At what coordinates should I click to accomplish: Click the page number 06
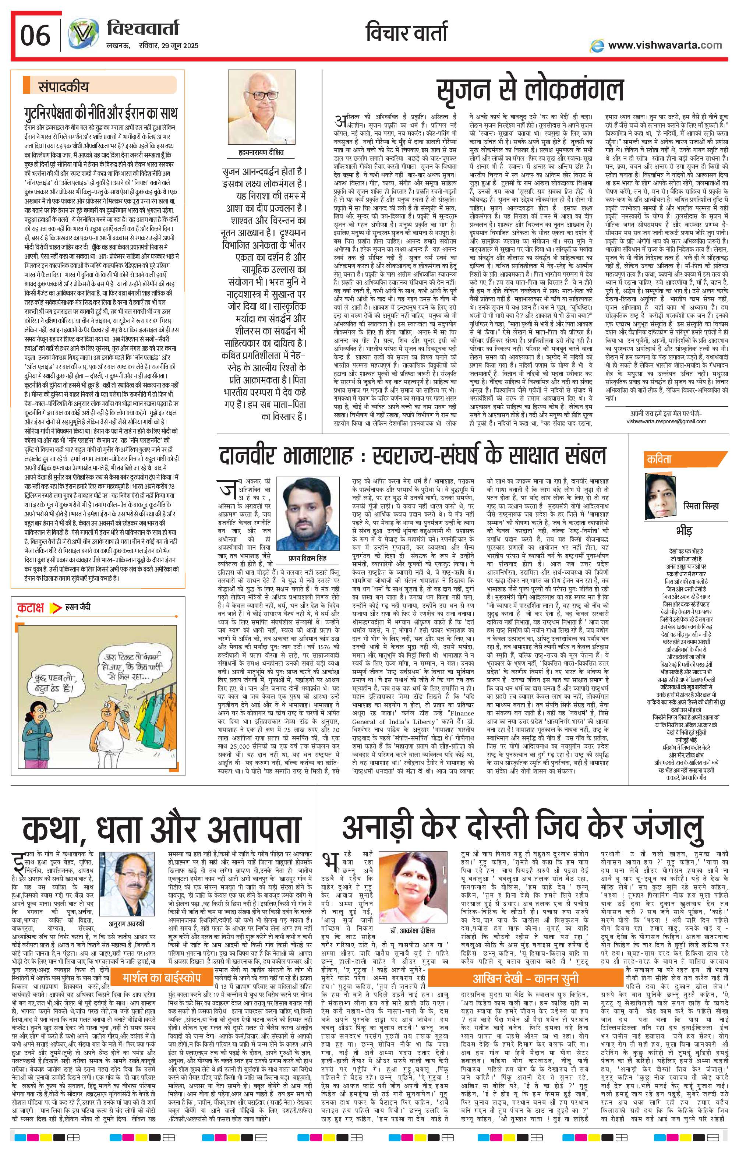(35, 35)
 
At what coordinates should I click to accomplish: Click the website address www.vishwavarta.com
(665, 45)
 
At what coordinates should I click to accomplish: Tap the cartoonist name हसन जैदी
(77, 607)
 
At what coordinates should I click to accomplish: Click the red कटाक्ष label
(30, 607)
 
